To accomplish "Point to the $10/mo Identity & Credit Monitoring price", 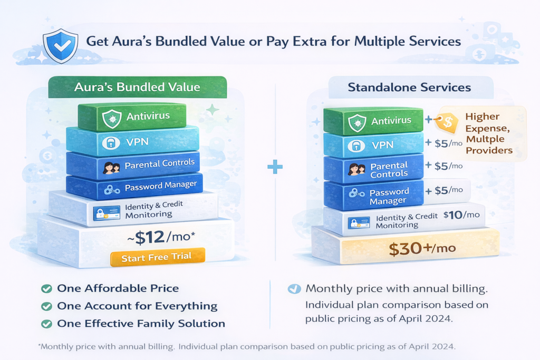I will pos(461,215).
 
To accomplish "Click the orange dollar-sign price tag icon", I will pos(448,122).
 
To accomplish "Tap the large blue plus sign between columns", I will pos(275,168).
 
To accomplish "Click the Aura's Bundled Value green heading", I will pos(137,87).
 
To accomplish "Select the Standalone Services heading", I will pos(409,87).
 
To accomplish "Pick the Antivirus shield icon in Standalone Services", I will pos(358,122).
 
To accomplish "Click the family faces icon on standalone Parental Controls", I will pos(357,169).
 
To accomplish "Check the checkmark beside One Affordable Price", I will pos(46,288).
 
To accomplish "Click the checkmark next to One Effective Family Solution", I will pos(46,324).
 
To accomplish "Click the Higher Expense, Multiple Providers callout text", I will pos(488,133).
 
